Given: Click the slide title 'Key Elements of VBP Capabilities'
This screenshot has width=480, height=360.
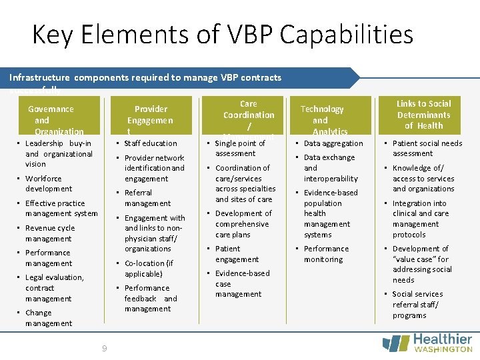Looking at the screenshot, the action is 223,34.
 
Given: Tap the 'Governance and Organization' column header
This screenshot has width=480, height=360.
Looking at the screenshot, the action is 51,120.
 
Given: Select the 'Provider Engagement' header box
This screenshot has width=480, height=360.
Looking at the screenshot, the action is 151,120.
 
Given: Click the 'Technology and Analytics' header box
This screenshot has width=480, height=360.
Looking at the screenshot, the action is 321,120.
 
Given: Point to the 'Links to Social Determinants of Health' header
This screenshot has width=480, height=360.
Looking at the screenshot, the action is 423,115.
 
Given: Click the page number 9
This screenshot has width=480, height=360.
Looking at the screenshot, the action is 105,348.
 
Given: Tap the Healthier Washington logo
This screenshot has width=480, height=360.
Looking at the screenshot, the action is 427,343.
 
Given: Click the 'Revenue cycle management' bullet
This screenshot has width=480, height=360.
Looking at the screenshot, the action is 49,233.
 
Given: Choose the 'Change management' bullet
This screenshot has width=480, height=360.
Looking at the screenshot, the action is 48,318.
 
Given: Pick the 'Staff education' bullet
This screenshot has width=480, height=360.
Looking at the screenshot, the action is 151,143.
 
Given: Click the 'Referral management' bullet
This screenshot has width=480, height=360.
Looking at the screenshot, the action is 147,198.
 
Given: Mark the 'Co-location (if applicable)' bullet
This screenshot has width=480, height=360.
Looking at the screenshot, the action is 148,269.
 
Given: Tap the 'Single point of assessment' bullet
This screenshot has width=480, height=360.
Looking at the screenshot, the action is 239,148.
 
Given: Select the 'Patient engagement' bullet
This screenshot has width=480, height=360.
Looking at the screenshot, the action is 237,254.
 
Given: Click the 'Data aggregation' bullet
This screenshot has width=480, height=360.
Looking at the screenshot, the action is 333,143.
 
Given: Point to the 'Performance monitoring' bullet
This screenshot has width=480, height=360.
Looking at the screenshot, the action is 326,254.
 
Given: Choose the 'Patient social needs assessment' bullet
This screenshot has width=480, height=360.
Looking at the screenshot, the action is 427,148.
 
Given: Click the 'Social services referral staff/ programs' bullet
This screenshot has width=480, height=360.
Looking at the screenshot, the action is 417,305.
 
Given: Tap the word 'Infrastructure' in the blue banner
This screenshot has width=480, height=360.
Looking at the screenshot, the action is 40,78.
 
